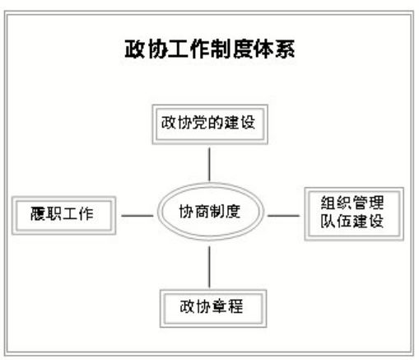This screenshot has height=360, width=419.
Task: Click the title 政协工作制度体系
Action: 210,49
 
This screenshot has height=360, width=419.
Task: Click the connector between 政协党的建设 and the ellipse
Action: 209,165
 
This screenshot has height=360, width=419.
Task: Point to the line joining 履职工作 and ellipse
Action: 137,216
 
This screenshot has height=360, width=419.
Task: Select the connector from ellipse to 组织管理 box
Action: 283,216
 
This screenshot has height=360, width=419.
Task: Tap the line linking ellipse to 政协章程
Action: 209,267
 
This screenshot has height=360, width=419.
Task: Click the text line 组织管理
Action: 352,203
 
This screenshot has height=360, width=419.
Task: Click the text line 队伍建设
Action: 352,221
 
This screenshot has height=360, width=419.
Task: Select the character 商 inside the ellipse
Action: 202,212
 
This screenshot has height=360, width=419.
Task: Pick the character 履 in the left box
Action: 38,213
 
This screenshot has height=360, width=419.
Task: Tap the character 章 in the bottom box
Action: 220,306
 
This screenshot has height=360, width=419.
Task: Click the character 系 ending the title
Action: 285,49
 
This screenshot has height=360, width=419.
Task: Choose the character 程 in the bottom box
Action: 235,306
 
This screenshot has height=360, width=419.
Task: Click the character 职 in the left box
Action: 54,213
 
